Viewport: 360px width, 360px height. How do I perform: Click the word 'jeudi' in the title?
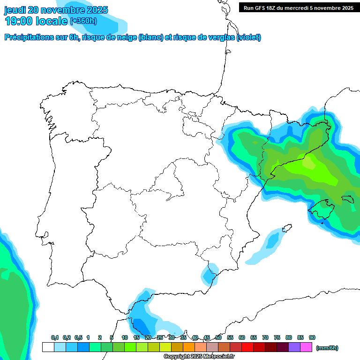coord(15,10)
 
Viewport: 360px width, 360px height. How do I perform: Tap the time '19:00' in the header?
coord(19,21)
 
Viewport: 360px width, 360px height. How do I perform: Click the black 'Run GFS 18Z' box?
coord(297,7)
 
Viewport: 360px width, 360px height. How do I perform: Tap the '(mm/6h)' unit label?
coord(327,348)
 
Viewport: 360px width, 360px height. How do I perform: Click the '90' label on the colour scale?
coord(312,337)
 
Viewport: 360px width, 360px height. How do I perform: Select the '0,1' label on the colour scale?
coord(54,337)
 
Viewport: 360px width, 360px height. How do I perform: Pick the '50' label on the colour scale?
coord(218,337)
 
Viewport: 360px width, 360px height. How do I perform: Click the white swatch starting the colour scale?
coord(48,347)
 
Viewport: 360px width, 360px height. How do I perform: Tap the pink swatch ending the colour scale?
coord(306,347)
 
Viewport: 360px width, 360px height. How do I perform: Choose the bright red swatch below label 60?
coord(247,347)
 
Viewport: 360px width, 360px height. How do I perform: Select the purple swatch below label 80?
coord(294,347)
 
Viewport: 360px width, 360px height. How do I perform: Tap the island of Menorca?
coord(347,199)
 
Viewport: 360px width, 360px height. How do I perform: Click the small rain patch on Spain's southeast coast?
coord(210,274)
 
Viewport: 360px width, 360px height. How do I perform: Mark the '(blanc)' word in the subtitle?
coord(150,37)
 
